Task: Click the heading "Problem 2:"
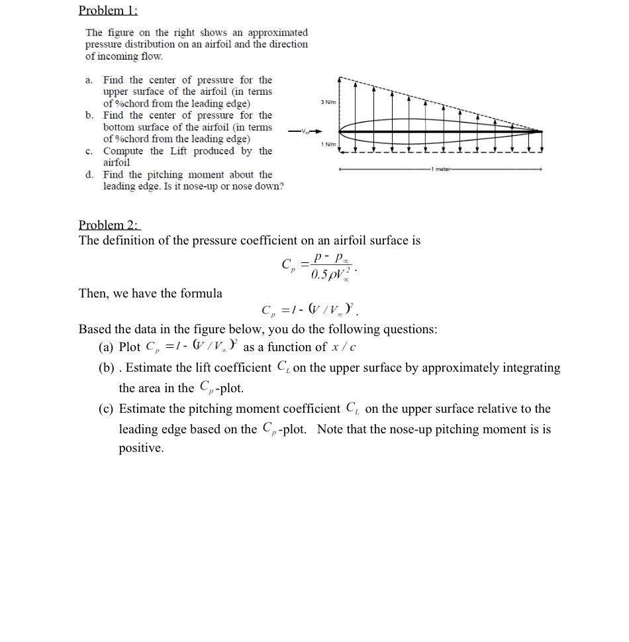[x=109, y=224]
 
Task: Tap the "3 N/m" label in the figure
[x=328, y=101]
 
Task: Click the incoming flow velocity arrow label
[x=305, y=131]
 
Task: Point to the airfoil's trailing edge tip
[x=541, y=131]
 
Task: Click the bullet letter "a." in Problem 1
[x=89, y=80]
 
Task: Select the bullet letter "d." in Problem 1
[x=89, y=174]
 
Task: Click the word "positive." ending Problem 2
[x=141, y=449]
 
